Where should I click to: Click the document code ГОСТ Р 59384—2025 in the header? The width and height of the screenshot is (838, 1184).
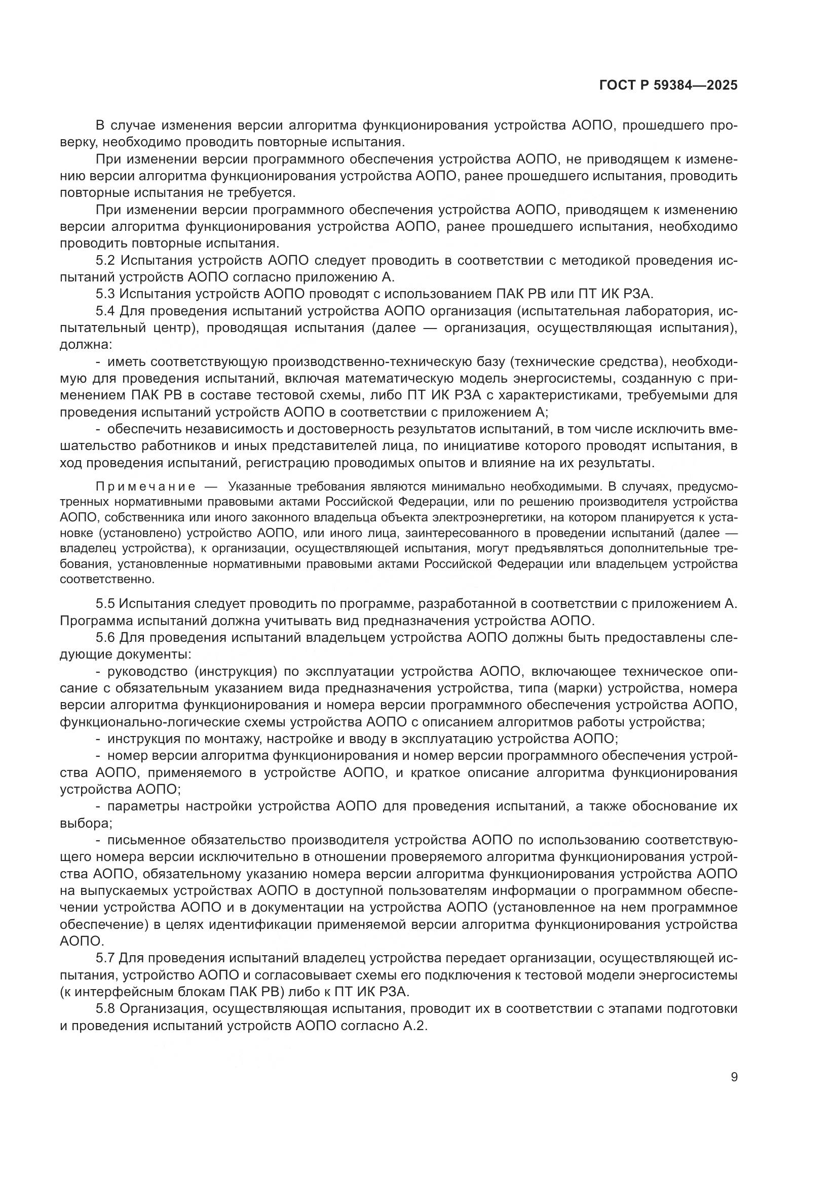(668, 86)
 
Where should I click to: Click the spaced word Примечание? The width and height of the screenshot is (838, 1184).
(145, 487)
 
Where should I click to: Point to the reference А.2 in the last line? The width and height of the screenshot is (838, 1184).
(416, 1026)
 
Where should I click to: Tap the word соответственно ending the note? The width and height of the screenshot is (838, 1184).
(107, 579)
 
